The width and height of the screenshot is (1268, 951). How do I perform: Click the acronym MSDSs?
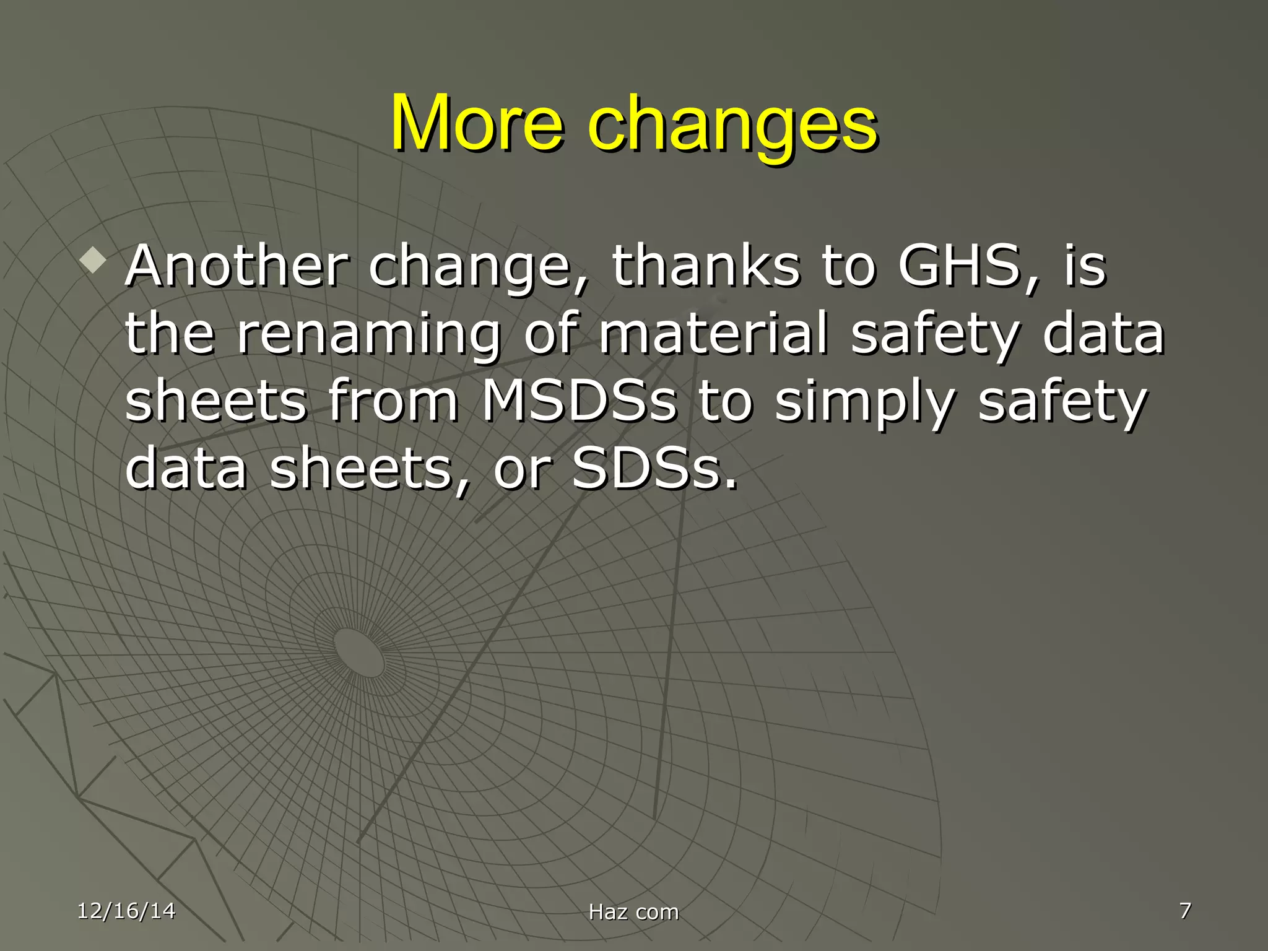tap(580, 401)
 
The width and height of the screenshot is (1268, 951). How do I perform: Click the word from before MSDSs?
tap(393, 401)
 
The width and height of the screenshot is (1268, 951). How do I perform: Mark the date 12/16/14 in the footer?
tap(126, 911)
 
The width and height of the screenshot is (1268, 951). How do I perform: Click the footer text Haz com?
tap(633, 912)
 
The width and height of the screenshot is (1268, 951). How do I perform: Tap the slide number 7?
tap(1185, 910)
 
